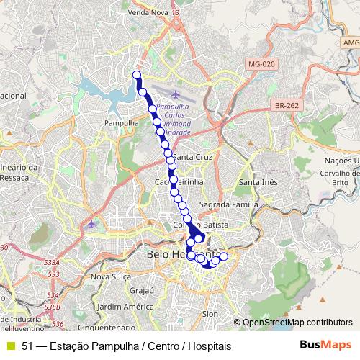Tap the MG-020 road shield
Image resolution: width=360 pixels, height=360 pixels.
point(260,65)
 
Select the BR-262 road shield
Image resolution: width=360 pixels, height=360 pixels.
point(287,105)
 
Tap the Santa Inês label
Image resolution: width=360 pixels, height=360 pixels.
point(258,182)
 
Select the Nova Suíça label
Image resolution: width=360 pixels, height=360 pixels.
point(108,276)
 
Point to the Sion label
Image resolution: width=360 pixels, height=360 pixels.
point(210,314)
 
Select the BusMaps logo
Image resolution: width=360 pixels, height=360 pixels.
point(325,346)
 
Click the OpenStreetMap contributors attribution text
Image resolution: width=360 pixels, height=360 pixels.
point(297,323)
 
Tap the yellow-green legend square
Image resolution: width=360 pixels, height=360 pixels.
point(10,346)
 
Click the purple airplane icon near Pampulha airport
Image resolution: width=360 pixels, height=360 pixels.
point(177,94)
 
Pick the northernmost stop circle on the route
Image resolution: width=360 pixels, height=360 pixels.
point(137,75)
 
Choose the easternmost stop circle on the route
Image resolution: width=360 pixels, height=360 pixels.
point(223,257)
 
